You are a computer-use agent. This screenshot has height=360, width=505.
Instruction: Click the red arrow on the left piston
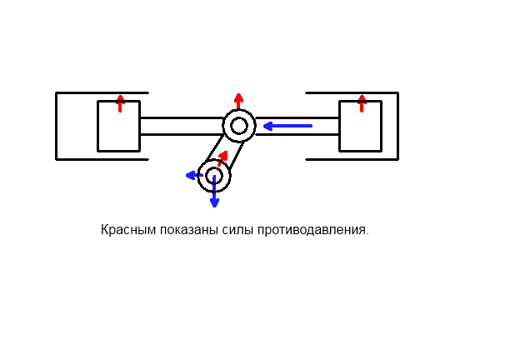(120, 103)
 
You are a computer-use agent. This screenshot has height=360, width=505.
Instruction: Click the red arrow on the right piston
(362, 103)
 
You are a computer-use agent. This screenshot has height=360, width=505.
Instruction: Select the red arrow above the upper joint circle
(239, 101)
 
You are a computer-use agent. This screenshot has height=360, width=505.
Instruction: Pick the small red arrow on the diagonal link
(222, 156)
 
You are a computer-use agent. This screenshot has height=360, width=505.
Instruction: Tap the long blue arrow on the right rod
(287, 126)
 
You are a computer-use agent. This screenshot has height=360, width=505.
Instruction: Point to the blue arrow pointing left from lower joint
(193, 175)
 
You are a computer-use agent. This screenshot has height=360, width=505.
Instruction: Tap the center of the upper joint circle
(239, 126)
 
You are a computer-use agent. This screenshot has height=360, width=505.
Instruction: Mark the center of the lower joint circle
(214, 176)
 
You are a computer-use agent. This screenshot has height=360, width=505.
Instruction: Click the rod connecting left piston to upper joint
(181, 126)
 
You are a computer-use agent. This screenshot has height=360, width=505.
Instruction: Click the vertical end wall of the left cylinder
(57, 126)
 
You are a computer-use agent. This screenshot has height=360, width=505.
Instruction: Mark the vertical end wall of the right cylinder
(397, 126)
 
